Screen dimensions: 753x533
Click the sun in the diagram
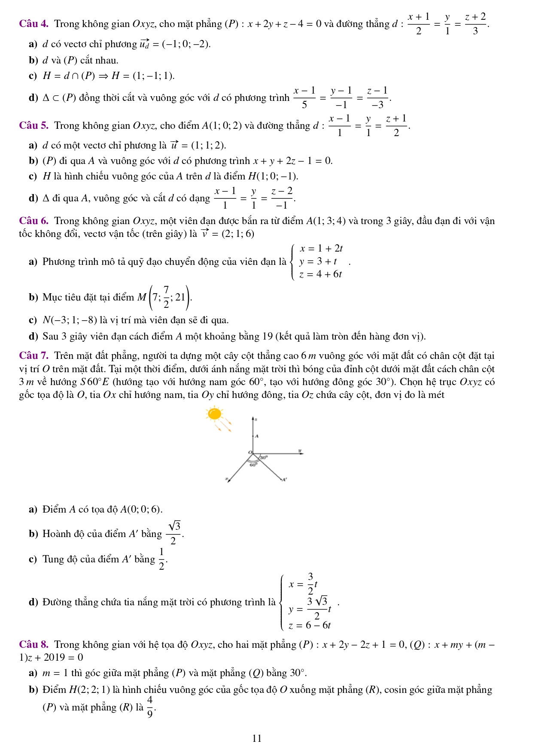214,414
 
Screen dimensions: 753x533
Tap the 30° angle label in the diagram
263,458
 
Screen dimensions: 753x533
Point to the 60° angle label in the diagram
254,465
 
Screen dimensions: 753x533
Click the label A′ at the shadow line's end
284,480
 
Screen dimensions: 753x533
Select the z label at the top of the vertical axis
256,419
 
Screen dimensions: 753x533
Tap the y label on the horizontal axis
300,451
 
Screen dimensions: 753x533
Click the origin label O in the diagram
250,452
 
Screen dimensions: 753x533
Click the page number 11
257,738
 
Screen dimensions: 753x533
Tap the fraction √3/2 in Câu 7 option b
174,533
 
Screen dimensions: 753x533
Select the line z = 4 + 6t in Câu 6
320,274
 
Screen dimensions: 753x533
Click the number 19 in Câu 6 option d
267,336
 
